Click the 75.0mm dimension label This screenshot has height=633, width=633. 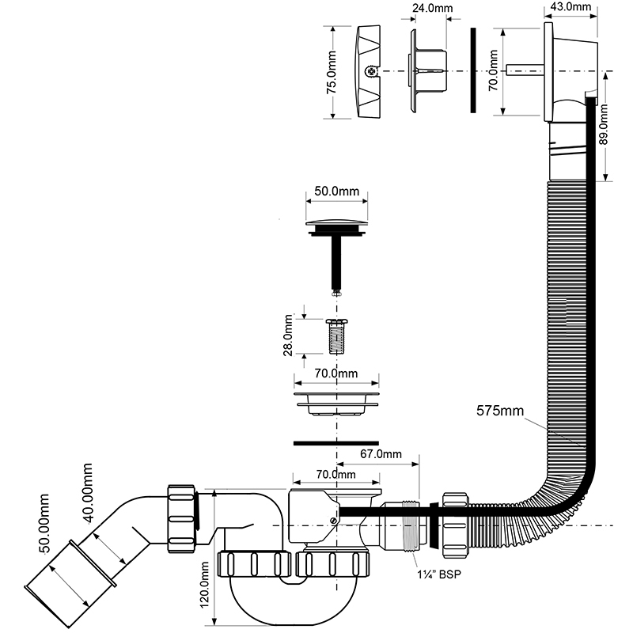tap(332, 71)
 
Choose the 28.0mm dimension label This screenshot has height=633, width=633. tap(289, 335)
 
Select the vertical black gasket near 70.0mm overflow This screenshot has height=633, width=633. tap(473, 70)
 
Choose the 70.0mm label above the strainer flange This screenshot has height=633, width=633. tap(337, 372)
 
